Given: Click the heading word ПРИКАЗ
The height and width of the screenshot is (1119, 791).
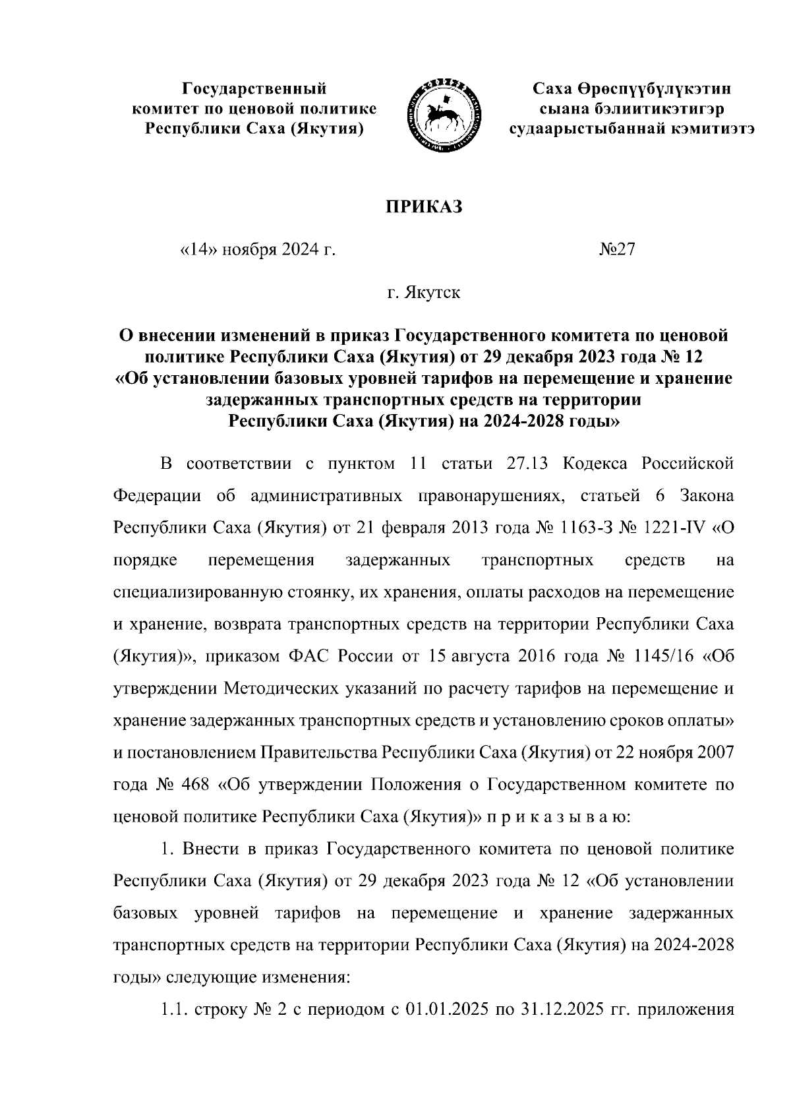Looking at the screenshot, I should pyautogui.click(x=424, y=206).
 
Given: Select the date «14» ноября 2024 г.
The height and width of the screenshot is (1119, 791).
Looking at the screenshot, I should pyautogui.click(x=254, y=251).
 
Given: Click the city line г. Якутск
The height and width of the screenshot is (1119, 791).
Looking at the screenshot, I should pyautogui.click(x=424, y=293).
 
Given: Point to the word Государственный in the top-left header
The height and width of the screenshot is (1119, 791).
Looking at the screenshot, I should pyautogui.click(x=254, y=88).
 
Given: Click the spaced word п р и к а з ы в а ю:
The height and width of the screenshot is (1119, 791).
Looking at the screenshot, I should pyautogui.click(x=559, y=818).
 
